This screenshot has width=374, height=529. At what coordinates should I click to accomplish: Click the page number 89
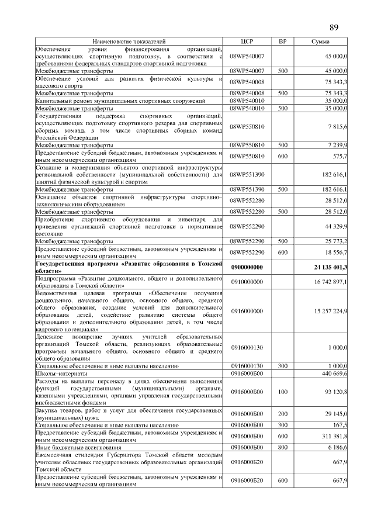(x=334, y=27)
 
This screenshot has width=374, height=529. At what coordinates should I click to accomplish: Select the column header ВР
(x=282, y=42)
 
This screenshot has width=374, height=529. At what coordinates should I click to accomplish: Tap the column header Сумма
(x=320, y=42)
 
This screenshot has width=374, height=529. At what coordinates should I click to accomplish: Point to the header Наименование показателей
(x=129, y=42)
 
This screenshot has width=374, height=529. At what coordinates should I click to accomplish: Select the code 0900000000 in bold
(x=247, y=267)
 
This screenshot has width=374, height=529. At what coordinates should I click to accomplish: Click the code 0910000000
(x=247, y=282)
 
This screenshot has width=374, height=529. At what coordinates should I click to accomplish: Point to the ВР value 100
(x=282, y=392)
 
